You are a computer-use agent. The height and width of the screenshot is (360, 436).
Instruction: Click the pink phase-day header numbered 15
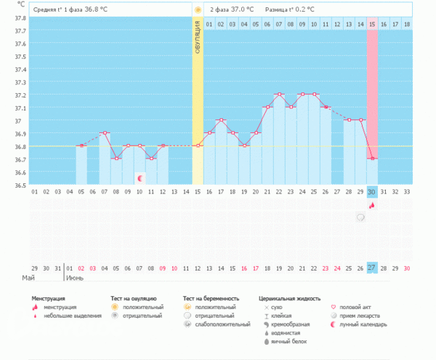[x=372, y=24]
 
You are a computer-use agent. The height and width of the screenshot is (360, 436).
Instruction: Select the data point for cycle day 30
[x=372, y=159]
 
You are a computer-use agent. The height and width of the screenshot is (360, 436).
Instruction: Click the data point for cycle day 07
[x=105, y=133]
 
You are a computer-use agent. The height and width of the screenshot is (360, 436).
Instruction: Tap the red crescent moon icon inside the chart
[x=140, y=177]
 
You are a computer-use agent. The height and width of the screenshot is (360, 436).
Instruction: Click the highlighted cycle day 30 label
[x=372, y=192]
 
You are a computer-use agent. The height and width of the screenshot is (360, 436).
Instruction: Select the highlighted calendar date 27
[x=372, y=268]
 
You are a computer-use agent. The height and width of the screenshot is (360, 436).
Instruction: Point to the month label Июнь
[x=75, y=278]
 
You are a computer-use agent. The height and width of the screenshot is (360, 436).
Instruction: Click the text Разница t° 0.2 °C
[x=289, y=9]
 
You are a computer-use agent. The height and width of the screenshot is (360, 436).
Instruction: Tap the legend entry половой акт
[x=357, y=308]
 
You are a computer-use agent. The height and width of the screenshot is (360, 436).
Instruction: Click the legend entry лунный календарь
[x=364, y=324]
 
